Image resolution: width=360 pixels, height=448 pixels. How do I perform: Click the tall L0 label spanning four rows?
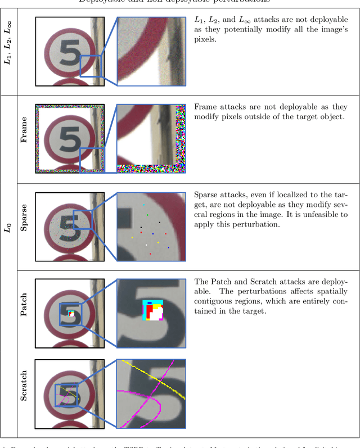tap(8, 228)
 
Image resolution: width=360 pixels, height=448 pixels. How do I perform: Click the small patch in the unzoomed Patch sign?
tap(71, 314)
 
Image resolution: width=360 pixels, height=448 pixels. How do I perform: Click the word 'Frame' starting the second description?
tap(206, 107)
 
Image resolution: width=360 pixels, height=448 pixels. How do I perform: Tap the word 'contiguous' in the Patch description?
tap(213, 302)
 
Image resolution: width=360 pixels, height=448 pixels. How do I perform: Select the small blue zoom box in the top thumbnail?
tap(90, 66)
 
